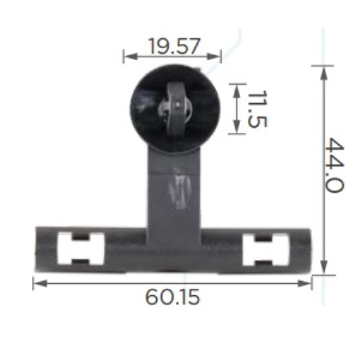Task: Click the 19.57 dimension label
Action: click(x=174, y=46)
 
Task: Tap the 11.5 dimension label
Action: click(x=257, y=109)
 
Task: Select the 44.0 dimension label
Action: click(x=334, y=165)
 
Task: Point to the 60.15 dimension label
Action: click(x=173, y=297)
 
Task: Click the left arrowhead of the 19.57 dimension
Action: click(x=130, y=56)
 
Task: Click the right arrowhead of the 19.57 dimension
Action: click(x=214, y=56)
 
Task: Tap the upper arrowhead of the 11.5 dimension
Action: click(x=237, y=91)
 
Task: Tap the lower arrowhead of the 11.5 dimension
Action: click(x=237, y=126)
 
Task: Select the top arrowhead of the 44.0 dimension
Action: click(x=323, y=73)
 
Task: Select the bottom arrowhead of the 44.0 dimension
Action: click(x=323, y=266)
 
